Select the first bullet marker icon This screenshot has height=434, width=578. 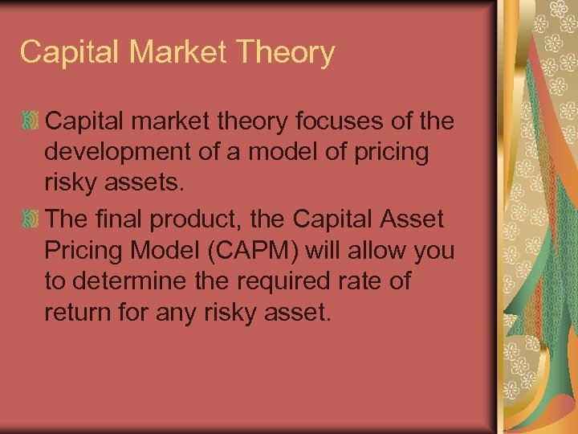pos(31,122)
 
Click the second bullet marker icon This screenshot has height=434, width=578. pos(31,217)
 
